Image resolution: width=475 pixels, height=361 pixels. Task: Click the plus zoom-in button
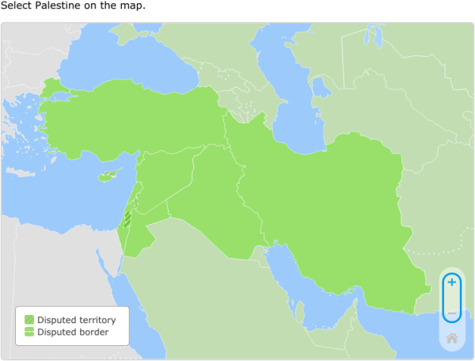(451, 283)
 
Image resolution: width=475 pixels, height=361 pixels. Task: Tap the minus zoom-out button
(451, 313)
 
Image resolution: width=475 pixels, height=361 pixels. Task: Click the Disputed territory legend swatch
(29, 320)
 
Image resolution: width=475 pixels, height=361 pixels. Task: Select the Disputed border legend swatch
(29, 332)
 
